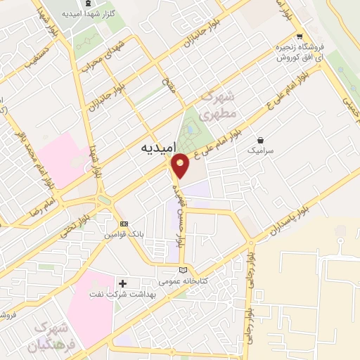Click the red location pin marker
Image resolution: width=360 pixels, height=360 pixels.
pos(181,166)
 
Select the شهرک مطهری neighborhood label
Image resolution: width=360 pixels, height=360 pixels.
pos(216,106)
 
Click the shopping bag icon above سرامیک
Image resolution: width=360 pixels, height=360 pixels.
pos(262,140)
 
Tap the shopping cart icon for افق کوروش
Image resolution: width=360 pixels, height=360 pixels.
pos(300,37)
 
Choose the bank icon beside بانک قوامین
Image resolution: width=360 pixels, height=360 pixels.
pos(124,223)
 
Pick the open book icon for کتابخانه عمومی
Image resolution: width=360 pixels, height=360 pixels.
pos(184,270)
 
